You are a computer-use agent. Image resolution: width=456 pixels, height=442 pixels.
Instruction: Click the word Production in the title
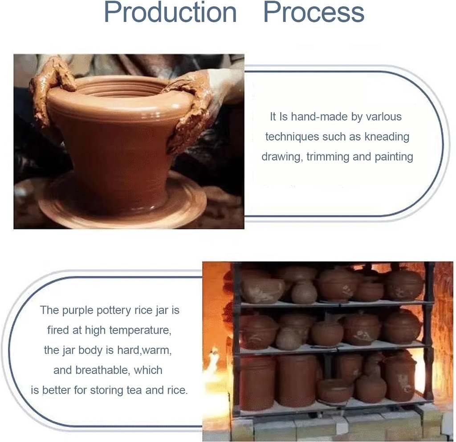pos(170,12)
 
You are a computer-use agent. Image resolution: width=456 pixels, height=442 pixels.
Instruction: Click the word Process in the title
pos(314,12)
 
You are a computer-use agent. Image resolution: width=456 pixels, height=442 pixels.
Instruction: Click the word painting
pos(391,157)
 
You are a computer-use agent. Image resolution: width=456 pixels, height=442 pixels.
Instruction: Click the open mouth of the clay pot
pos(120,86)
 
